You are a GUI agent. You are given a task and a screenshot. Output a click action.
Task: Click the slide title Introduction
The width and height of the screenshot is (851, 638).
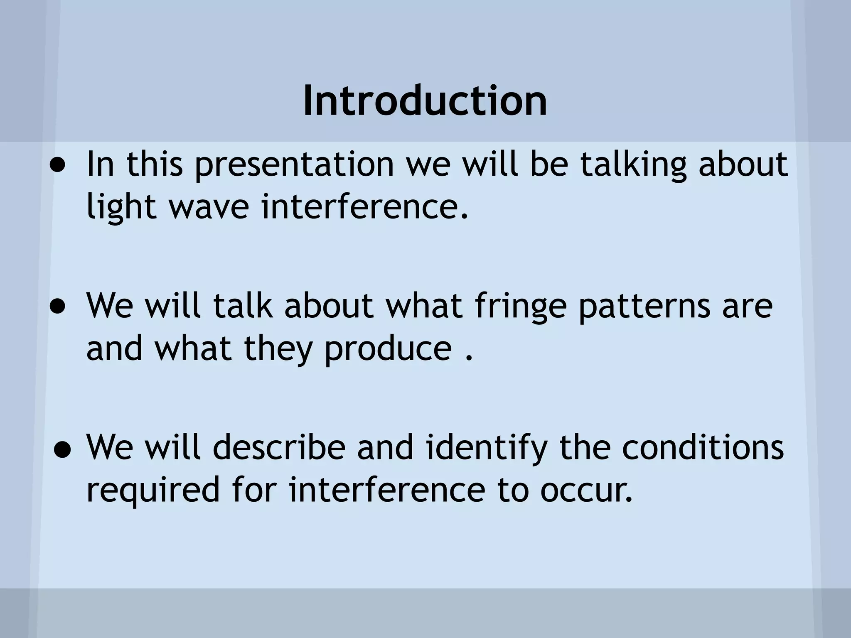425,101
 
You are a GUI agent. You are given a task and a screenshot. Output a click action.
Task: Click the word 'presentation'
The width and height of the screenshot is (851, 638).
295,165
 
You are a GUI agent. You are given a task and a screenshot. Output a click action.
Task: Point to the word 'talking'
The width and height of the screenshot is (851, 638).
633,164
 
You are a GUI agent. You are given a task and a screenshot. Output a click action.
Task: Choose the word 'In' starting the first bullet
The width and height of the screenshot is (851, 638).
100,164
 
